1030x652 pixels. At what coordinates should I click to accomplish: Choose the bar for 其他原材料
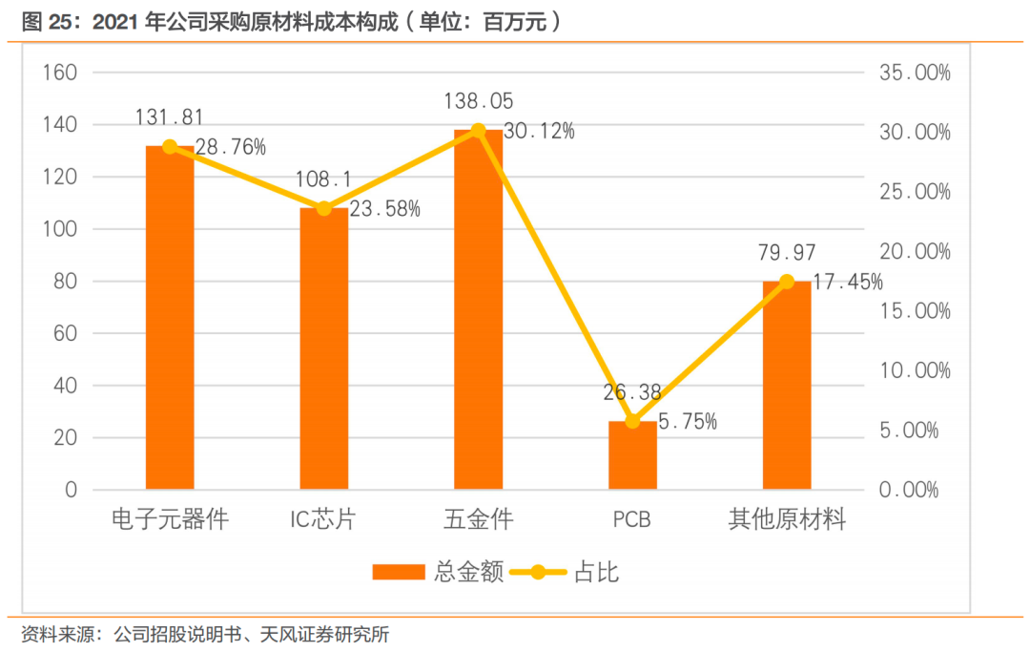[x=787, y=386]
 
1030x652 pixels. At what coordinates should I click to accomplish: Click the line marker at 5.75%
[x=632, y=421]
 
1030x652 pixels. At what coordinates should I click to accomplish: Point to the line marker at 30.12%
[x=479, y=131]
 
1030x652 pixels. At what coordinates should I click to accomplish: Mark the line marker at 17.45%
[x=787, y=282]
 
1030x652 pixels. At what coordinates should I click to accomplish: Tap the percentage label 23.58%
[x=384, y=209]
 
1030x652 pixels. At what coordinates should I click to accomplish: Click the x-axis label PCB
[x=632, y=521]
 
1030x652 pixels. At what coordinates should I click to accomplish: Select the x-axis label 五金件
[x=479, y=520]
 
